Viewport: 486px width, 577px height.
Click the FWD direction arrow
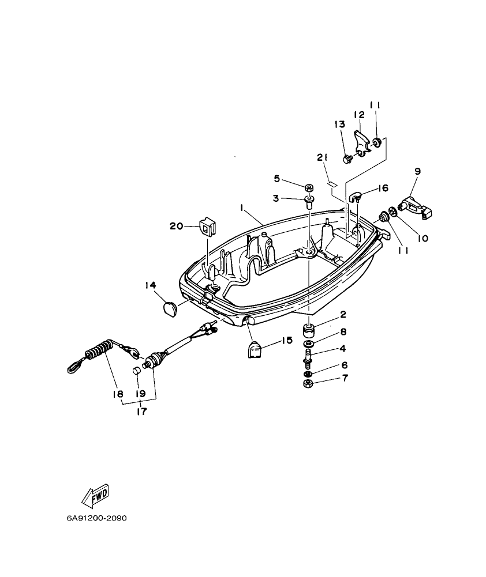(x=96, y=495)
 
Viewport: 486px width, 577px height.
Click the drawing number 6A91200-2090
(x=96, y=518)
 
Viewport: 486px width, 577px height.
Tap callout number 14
(x=151, y=284)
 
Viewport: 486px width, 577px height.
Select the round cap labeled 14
(x=169, y=308)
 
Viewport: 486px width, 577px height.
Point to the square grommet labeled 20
(x=206, y=227)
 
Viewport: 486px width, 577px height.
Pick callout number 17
(x=141, y=412)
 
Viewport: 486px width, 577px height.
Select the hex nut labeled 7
(x=308, y=384)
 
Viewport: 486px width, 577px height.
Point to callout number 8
(x=343, y=331)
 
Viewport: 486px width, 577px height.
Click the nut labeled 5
(x=309, y=188)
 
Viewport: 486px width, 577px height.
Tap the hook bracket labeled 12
(x=362, y=141)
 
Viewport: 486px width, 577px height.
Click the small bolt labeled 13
(x=347, y=159)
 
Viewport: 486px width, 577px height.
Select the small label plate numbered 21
(x=331, y=184)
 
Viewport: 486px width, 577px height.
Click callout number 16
(x=383, y=188)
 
